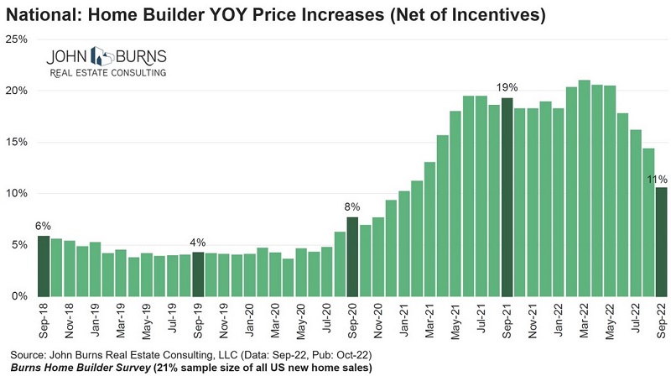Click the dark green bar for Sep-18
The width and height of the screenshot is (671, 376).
pos(43,266)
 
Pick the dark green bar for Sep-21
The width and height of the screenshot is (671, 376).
pos(507,197)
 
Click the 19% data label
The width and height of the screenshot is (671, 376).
pos(507,86)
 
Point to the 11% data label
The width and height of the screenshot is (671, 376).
pos(657,179)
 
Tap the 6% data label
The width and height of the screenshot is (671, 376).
pos(43,226)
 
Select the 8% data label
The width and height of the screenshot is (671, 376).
pos(352,206)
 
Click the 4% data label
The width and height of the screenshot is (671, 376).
pos(198,243)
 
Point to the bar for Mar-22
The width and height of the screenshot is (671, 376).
pos(585,188)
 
